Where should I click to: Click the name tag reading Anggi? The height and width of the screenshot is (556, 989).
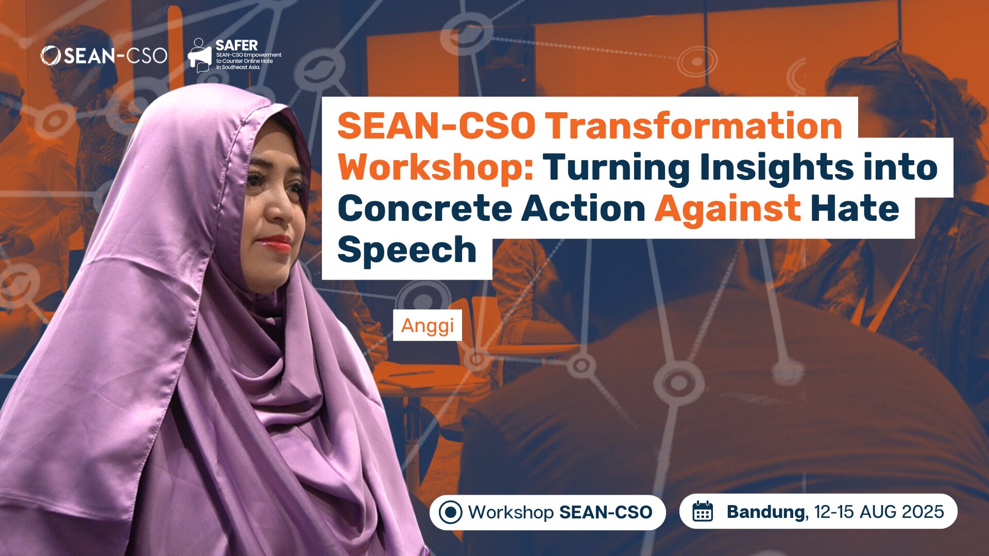427,325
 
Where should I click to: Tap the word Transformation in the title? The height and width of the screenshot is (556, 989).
693,126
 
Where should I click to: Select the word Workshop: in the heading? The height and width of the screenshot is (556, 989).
436,167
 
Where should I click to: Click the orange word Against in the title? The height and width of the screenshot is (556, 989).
727,208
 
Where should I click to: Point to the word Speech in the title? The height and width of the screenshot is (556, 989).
407,250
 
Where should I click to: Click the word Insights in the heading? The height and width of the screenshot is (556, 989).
776,167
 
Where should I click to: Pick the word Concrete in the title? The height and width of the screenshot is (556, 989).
424,208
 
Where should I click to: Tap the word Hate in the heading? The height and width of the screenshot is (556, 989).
855,208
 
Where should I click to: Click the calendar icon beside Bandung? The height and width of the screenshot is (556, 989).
703,512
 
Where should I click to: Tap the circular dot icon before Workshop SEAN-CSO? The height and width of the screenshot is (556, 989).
450,512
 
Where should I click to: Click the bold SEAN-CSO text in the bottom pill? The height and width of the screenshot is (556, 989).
606,512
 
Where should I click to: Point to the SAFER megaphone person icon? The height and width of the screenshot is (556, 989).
200,55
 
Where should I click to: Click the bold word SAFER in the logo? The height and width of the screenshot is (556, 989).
236,45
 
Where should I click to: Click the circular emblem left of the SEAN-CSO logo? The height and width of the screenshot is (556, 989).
50,56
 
